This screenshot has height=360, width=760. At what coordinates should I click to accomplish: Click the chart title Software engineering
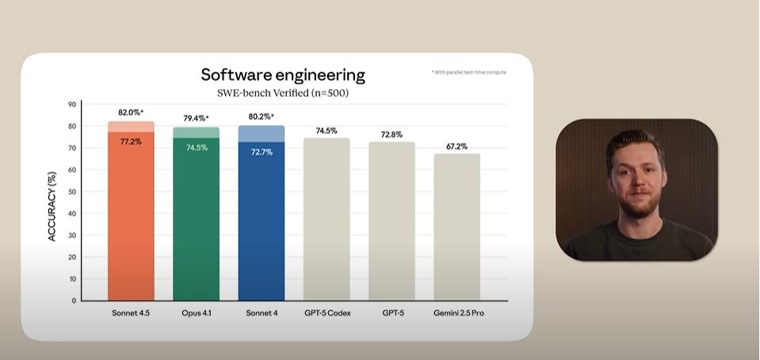283,75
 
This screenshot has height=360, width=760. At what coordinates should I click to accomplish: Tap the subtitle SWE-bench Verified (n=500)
283,93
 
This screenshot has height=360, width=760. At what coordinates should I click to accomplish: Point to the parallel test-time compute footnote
468,72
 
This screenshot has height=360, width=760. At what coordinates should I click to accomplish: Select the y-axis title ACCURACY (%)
53,206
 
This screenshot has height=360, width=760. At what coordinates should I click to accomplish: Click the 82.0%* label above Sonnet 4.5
131,113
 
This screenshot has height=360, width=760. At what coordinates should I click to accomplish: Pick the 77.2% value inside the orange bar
131,141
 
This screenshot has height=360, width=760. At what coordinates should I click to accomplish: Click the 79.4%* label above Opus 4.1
197,118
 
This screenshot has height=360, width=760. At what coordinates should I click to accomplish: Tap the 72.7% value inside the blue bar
262,151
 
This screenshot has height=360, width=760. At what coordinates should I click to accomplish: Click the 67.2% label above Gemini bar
456,147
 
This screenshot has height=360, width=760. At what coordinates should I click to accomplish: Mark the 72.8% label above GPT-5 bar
391,135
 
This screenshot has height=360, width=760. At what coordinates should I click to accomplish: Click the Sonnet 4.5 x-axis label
131,313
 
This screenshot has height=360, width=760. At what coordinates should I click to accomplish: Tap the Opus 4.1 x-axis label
197,313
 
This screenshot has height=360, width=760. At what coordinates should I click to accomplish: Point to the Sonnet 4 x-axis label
262,313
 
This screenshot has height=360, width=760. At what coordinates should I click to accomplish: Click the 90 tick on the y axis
72,105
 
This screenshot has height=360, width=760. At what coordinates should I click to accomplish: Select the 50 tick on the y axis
72,192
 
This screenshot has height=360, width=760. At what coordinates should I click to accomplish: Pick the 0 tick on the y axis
74,301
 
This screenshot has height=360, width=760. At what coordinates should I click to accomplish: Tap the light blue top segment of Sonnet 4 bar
262,133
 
